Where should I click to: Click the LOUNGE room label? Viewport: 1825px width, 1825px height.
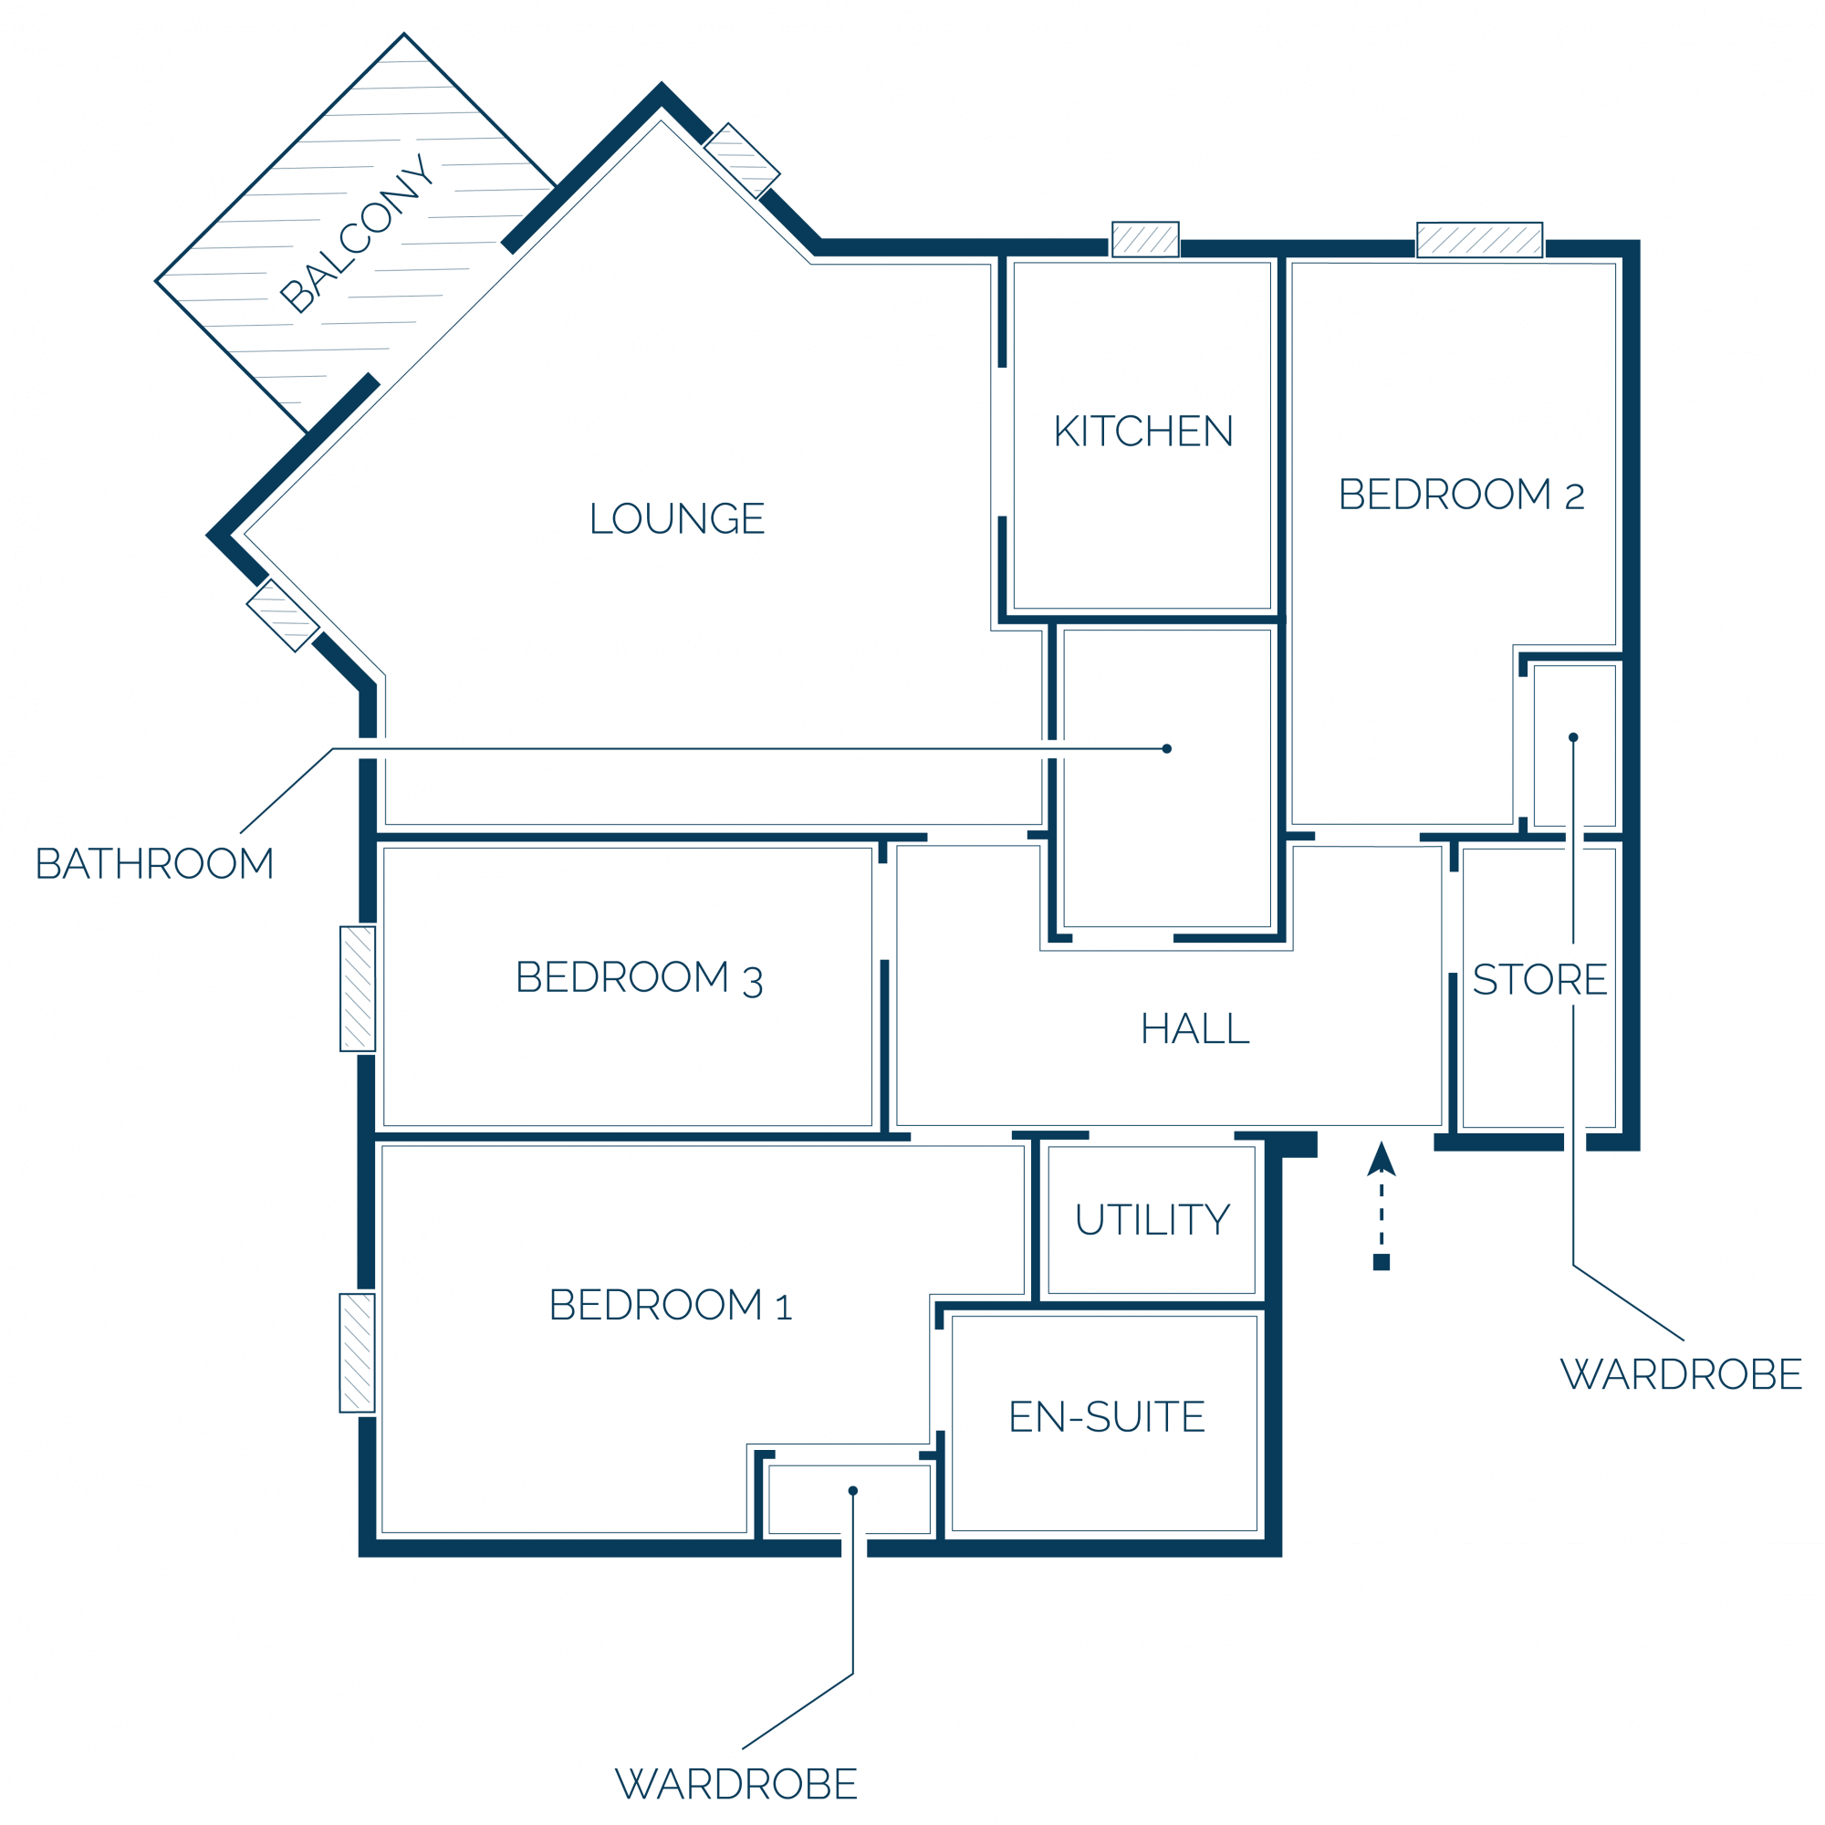click(x=677, y=517)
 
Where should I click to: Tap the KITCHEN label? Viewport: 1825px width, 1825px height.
click(x=1143, y=431)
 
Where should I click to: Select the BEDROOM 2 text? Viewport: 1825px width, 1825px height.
click(x=1461, y=494)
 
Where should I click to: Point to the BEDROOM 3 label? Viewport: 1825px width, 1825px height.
click(x=639, y=978)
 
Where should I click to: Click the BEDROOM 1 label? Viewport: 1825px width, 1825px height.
click(x=671, y=1305)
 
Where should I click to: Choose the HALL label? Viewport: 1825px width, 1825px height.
click(x=1195, y=1028)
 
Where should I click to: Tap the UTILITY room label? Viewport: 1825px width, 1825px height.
click(x=1152, y=1219)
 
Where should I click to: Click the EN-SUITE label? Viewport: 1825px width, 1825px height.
click(x=1107, y=1417)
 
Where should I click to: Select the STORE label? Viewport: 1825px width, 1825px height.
click(x=1539, y=979)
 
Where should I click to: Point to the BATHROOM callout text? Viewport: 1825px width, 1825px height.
click(x=155, y=863)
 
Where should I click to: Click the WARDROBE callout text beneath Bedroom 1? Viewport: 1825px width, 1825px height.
click(x=735, y=1784)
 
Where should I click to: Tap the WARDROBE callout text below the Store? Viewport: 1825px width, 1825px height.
click(x=1682, y=1374)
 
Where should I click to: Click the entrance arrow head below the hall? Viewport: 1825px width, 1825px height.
click(x=1381, y=1159)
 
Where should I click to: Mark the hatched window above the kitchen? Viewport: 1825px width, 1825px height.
click(x=1145, y=240)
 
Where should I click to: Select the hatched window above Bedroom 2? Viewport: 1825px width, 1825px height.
click(x=1479, y=240)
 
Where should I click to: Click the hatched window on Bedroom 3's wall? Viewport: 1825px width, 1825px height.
click(x=358, y=989)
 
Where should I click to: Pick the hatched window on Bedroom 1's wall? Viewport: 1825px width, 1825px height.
click(x=357, y=1352)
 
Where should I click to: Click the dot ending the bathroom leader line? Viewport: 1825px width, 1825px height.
click(x=1166, y=749)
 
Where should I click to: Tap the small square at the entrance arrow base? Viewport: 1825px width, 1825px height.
click(x=1381, y=1262)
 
